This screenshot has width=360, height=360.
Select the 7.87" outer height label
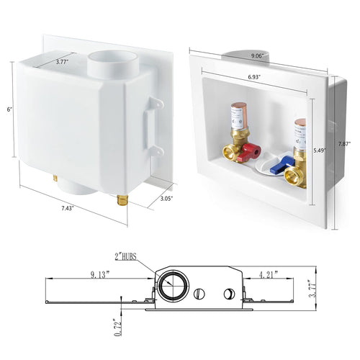tap(348, 144)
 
